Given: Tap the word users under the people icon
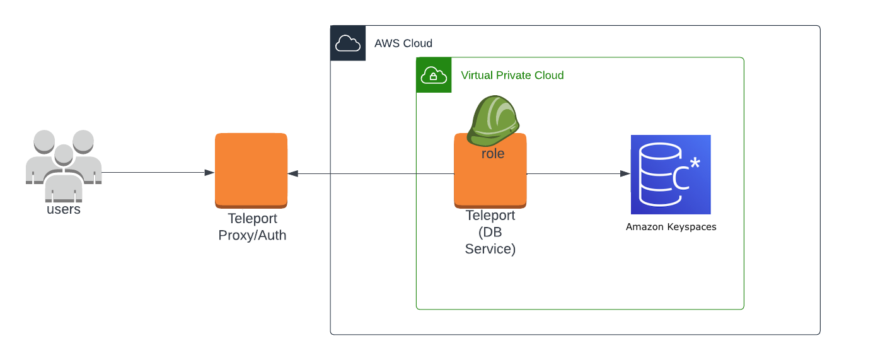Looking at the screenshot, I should click(64, 209).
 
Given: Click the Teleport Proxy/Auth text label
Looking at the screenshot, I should click(252, 227).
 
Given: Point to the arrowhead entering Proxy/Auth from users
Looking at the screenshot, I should click(209, 173).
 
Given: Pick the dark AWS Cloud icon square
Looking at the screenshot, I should click(348, 43).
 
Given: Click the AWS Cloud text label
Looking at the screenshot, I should click(403, 44).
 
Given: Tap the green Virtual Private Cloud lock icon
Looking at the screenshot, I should click(434, 75).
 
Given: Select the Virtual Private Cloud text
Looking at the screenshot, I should click(512, 75).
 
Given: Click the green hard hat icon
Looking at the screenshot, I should click(493, 118).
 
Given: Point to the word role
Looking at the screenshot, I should click(493, 153).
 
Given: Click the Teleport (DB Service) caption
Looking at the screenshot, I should click(490, 232).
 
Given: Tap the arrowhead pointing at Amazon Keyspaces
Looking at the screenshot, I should click(625, 173).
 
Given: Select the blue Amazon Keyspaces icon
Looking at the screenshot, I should click(671, 175).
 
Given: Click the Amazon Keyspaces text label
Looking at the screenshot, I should click(671, 227).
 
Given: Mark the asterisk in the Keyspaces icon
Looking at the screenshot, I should click(695, 163).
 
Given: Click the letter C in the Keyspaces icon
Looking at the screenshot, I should click(681, 180).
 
